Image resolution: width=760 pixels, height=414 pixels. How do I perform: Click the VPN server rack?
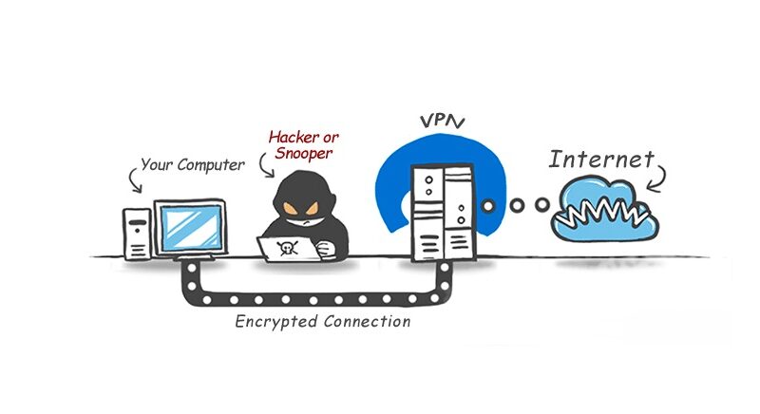pos(440,214)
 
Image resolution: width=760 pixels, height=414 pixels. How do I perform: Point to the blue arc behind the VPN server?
pos(389,180)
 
